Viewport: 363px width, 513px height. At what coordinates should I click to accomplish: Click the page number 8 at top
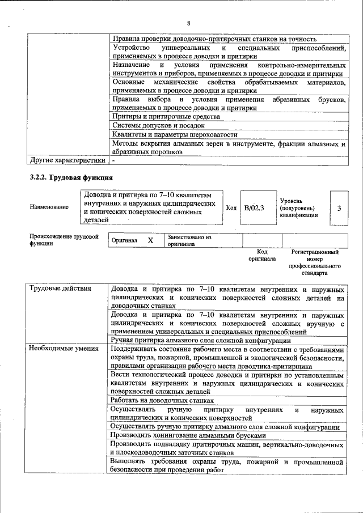[188, 23]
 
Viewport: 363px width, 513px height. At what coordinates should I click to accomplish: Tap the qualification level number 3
[339, 208]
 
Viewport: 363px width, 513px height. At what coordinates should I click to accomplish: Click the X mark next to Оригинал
[150, 240]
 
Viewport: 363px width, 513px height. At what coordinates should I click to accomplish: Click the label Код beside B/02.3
[231, 208]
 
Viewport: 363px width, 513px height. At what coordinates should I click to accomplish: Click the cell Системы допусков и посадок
[158, 125]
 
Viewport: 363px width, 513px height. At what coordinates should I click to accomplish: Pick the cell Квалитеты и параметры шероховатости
[175, 135]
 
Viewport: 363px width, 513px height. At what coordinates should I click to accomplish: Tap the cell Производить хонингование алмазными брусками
[187, 435]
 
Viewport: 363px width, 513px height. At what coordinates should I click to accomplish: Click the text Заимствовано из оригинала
[189, 240]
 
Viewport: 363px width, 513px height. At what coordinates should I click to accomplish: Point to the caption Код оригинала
[261, 255]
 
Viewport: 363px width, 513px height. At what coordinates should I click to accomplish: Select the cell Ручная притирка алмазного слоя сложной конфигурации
[201, 340]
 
